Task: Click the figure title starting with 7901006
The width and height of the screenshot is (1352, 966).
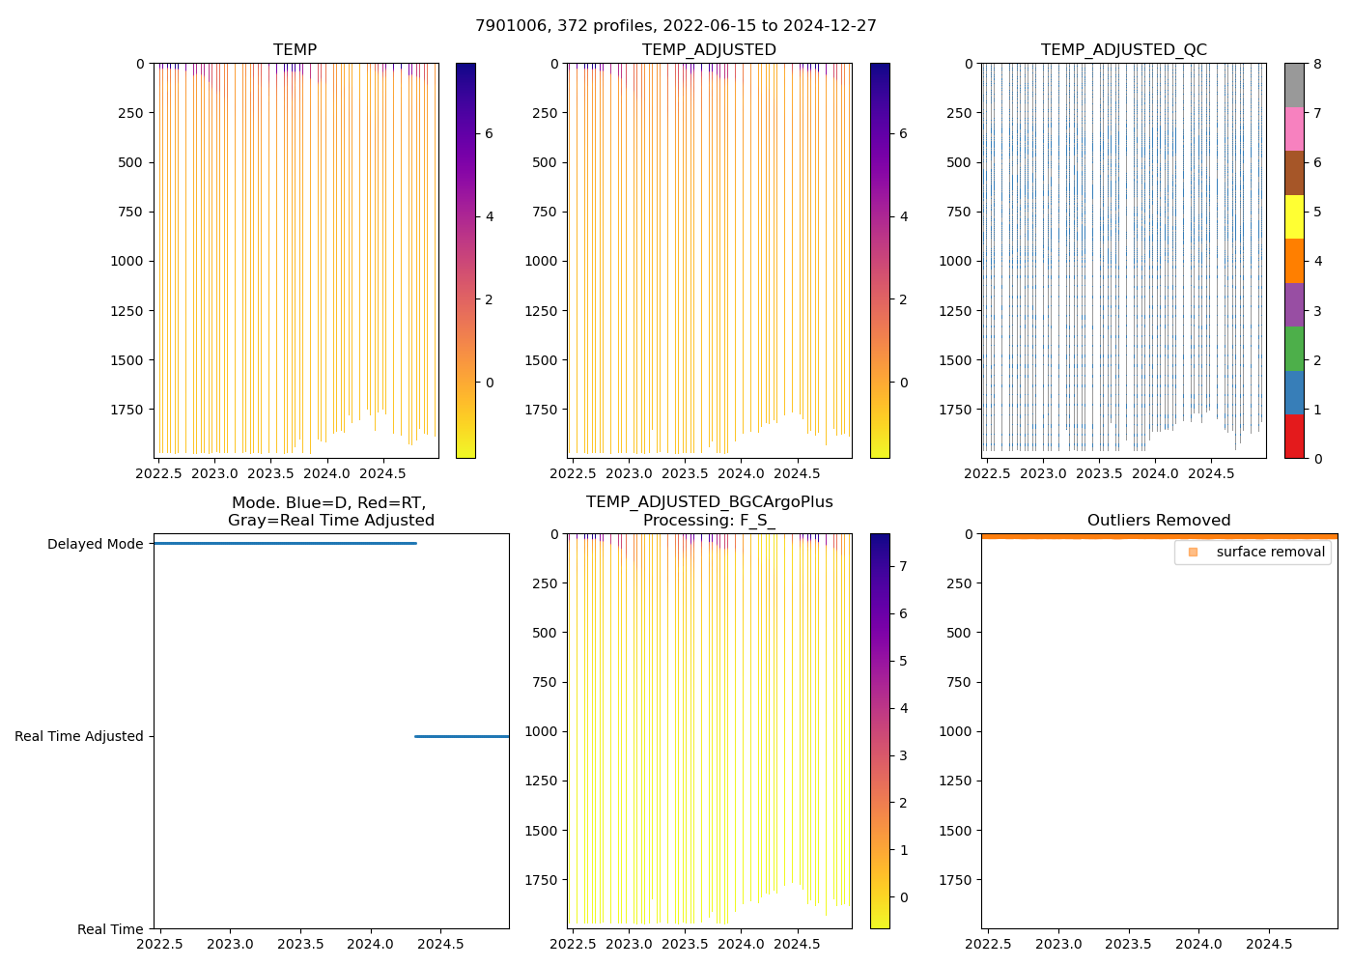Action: (x=676, y=26)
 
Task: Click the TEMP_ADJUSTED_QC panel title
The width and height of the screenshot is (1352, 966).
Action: (x=1123, y=50)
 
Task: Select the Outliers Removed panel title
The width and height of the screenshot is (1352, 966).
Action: (x=1159, y=521)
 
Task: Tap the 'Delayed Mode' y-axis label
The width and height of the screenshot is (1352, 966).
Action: (x=95, y=544)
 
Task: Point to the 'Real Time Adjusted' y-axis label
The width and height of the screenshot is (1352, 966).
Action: (x=78, y=736)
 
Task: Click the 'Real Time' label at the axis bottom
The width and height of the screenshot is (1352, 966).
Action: (x=110, y=929)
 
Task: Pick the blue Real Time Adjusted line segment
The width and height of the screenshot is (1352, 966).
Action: (x=462, y=737)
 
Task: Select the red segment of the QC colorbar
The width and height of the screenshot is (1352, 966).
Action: (x=1294, y=437)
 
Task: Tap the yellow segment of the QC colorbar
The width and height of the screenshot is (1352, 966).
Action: (x=1294, y=216)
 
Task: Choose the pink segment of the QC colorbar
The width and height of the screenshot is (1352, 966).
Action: (x=1294, y=128)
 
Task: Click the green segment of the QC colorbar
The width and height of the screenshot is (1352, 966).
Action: (x=1294, y=349)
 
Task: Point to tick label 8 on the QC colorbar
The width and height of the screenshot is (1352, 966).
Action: (x=1317, y=64)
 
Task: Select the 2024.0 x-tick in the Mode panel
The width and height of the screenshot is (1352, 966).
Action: (x=371, y=944)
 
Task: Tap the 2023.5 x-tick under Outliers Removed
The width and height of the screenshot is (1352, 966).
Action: (x=1129, y=944)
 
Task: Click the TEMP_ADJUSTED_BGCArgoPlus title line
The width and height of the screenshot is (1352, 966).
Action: (x=709, y=502)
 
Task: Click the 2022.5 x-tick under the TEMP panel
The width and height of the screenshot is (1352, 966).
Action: (x=158, y=473)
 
